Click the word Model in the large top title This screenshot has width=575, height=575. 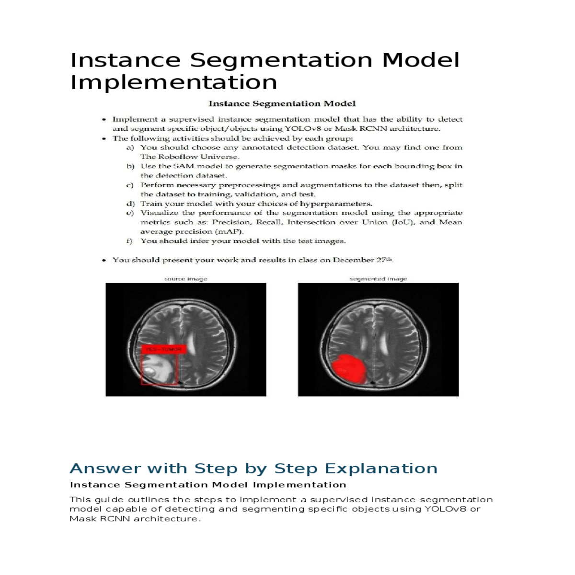[x=420, y=60]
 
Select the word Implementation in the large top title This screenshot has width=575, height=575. [x=173, y=82]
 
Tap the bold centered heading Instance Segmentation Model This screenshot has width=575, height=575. [x=282, y=103]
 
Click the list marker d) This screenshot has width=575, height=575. [x=130, y=204]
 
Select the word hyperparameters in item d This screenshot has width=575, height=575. [x=335, y=204]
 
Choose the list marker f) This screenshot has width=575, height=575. [x=129, y=241]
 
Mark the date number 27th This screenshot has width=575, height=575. [x=385, y=260]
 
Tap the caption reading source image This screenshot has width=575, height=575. [x=185, y=278]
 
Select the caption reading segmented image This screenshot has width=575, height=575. [x=378, y=278]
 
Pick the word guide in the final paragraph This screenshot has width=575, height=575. [x=108, y=500]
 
